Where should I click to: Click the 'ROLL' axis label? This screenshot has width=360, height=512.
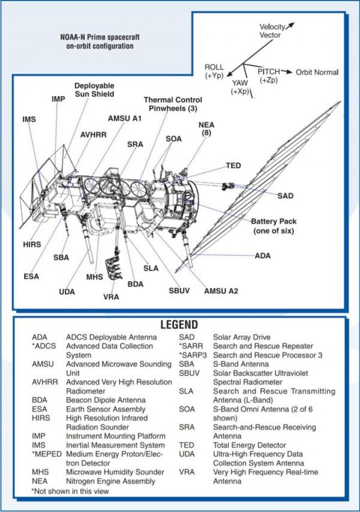[x=214, y=67]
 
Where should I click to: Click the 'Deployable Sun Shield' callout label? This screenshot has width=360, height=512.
[x=94, y=89]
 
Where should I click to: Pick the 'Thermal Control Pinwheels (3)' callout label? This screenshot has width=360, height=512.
[x=172, y=103]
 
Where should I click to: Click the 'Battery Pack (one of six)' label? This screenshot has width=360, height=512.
[x=274, y=226]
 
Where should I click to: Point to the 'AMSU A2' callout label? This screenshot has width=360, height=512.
[x=221, y=291]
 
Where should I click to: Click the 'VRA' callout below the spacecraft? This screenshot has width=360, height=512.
[x=111, y=297]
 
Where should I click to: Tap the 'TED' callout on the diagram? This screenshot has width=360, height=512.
[x=233, y=165]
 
